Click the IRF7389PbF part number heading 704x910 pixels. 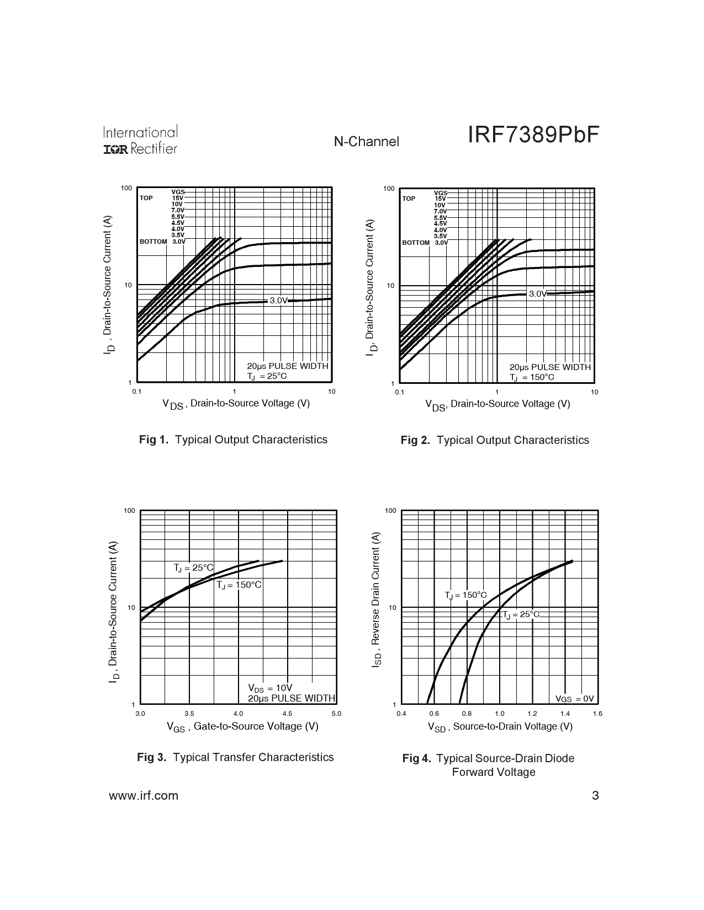[x=533, y=135]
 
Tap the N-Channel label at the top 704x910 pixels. [x=366, y=142]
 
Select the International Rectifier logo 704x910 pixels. [x=140, y=140]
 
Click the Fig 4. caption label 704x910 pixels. [x=417, y=758]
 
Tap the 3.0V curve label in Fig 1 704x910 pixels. [x=278, y=301]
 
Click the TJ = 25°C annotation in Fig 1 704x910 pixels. [x=267, y=376]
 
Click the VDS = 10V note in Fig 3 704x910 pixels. [x=270, y=688]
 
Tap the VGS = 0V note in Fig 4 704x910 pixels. [x=574, y=699]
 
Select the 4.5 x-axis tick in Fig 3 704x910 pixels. [x=287, y=713]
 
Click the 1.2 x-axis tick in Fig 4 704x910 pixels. [x=532, y=713]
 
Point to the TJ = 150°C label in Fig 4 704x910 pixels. [x=466, y=595]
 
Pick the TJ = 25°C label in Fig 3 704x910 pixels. [x=193, y=568]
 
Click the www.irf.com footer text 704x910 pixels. [x=144, y=795]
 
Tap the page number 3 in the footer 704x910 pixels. [x=595, y=795]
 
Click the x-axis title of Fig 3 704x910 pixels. [x=242, y=726]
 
